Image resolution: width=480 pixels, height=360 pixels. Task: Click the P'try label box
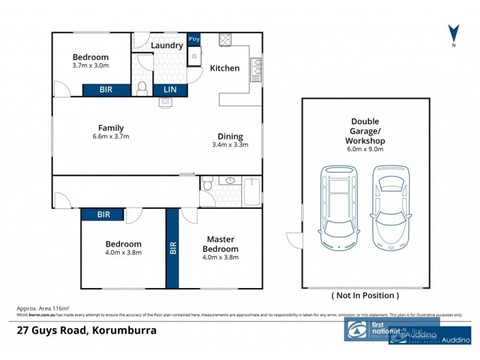point(194,40)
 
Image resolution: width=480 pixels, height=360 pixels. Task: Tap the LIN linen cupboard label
point(170,90)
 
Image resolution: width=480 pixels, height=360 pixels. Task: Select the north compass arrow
point(454,34)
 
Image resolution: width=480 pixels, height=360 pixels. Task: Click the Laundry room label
point(167,46)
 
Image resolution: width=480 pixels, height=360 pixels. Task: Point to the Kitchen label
point(224,68)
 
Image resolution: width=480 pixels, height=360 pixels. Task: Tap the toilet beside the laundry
point(142,89)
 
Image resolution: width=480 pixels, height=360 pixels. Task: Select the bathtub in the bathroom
point(252,191)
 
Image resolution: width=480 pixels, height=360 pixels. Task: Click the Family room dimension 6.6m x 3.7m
point(111,136)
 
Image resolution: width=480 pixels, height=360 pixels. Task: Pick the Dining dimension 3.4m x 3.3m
point(230,145)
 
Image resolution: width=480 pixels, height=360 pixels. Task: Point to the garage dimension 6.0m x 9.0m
point(365,149)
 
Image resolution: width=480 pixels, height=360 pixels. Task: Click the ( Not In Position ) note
point(365,295)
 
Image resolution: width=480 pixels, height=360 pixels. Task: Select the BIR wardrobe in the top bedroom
point(106,90)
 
